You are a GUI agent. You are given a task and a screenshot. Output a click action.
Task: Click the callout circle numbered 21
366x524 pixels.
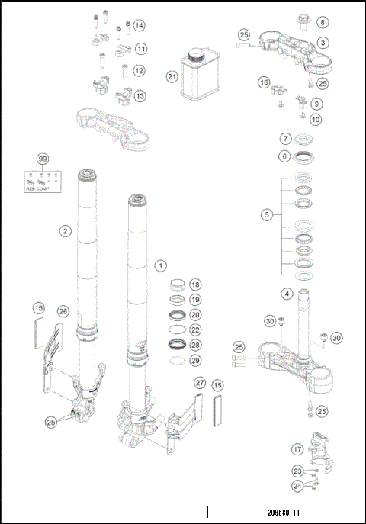[172, 76]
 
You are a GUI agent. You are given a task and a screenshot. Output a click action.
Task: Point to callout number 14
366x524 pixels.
[139, 26]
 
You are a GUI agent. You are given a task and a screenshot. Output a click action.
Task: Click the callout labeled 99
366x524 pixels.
[43, 159]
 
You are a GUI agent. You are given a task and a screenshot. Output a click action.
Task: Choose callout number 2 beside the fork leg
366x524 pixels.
[66, 229]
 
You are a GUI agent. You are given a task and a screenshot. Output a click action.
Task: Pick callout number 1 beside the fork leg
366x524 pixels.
[160, 265]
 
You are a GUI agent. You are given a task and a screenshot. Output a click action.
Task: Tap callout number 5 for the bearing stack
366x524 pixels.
[266, 215]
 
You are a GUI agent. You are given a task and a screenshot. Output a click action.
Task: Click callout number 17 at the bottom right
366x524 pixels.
[298, 449]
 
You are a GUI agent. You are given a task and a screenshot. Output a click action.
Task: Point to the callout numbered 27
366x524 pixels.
[200, 382]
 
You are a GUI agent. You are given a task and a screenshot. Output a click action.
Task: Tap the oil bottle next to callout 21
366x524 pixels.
[197, 75]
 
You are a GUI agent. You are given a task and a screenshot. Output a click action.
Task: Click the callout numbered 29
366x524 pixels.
[196, 359]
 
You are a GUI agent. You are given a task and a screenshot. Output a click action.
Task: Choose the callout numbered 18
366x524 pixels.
[196, 284]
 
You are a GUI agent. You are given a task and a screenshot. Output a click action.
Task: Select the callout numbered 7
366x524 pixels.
[284, 140]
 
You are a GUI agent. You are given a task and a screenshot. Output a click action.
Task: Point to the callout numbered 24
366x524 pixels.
[297, 484]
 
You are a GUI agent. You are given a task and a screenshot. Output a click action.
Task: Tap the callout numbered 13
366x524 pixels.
[140, 96]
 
